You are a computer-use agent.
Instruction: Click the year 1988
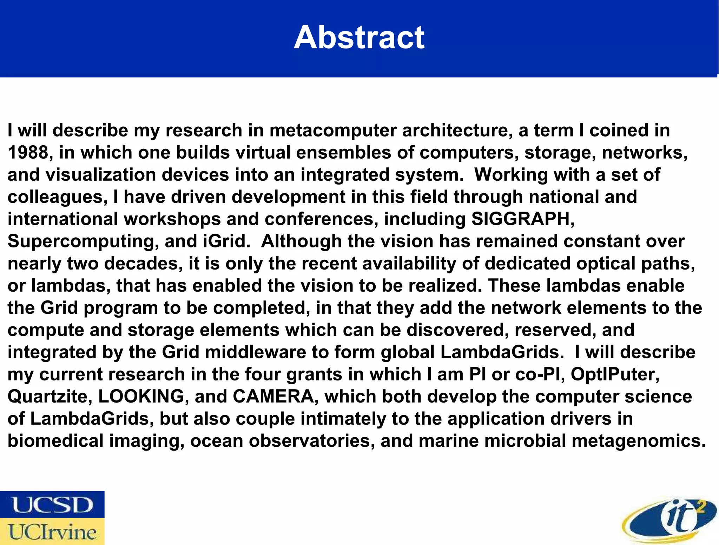point(28,153)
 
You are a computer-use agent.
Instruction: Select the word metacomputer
point(333,131)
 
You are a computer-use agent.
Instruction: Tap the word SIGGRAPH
point(522,219)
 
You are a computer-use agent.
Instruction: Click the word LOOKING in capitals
point(141,397)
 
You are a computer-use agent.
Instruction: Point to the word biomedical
point(55,441)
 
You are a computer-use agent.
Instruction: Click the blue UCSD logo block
point(52,504)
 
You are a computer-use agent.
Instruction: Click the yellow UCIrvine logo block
point(52,532)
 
